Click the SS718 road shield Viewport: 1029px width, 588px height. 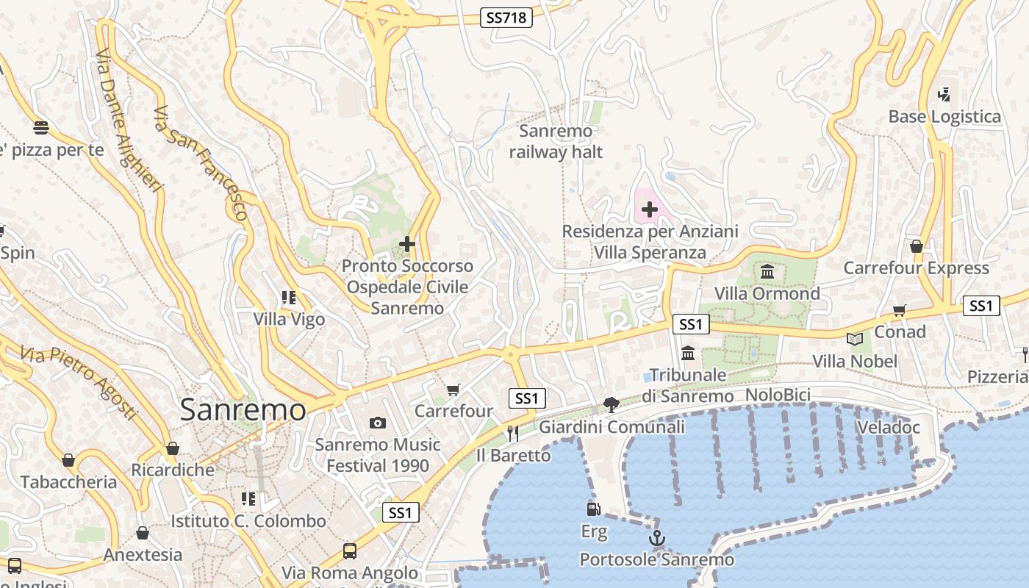(506, 18)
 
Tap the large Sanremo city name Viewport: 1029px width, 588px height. (243, 409)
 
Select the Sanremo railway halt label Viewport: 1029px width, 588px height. (556, 142)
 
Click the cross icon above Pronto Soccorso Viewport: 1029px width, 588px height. (407, 244)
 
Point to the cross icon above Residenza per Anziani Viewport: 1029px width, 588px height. (650, 210)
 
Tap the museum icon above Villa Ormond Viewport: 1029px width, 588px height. (767, 272)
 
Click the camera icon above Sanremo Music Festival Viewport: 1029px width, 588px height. (378, 423)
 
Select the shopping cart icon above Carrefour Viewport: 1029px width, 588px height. (453, 390)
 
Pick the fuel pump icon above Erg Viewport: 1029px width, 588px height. (593, 509)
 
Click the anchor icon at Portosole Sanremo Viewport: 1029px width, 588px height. (656, 539)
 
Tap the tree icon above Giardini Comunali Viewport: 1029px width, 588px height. (611, 404)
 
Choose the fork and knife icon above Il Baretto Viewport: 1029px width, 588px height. (513, 434)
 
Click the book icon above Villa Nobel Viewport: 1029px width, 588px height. (854, 339)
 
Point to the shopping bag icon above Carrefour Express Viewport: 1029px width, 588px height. (916, 246)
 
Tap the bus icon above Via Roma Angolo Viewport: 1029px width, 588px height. (350, 551)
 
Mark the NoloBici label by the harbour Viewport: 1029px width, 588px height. (778, 395)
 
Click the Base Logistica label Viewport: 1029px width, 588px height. (944, 117)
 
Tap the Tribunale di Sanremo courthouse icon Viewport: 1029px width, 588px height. (688, 354)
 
